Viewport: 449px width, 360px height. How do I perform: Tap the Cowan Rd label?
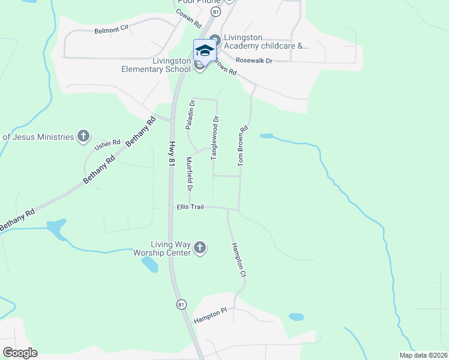pos(188,19)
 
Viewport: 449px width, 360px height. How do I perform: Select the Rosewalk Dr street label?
pos(254,61)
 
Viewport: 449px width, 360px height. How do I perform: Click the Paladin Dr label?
pos(188,115)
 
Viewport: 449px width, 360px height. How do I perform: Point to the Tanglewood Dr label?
pos(214,137)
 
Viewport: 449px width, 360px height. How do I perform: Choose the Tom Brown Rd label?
pos(243,146)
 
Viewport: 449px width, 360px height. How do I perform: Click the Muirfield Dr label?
pos(189,174)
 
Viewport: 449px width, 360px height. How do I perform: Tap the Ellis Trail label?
pos(190,207)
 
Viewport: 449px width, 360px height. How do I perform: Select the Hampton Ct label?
pos(239,259)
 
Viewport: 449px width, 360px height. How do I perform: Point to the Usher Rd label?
pos(107,143)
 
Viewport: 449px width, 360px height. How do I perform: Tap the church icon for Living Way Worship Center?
pos(200,247)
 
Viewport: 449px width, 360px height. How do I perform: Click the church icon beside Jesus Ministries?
pos(83,136)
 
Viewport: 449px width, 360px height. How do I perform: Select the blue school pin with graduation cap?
pos(204,50)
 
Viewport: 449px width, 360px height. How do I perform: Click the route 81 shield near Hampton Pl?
pos(181,305)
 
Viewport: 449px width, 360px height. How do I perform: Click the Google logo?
pos(20,353)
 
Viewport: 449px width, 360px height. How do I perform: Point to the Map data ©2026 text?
pos(423,355)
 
